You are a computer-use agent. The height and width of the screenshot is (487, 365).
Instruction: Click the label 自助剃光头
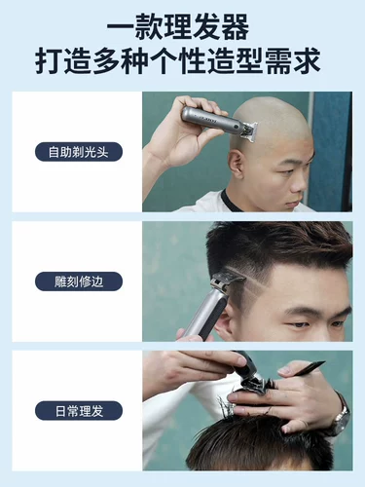(x=79, y=152)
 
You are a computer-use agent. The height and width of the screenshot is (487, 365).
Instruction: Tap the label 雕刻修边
(x=79, y=281)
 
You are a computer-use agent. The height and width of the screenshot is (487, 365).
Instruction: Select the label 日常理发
(x=79, y=411)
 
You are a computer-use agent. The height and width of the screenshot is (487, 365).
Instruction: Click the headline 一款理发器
(x=178, y=26)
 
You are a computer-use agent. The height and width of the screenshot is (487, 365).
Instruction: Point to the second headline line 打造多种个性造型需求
(x=178, y=60)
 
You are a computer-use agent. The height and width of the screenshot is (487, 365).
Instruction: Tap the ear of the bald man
(x=236, y=162)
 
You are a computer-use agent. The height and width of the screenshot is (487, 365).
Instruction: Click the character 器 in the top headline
(x=236, y=26)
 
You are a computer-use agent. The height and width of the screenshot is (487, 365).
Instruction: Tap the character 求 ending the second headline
(x=307, y=60)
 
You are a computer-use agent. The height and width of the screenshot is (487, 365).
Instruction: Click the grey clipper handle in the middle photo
(x=203, y=314)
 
